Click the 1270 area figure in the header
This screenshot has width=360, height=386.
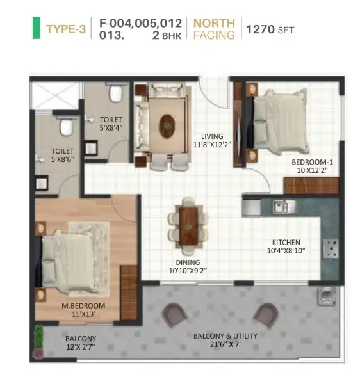(x=260, y=29)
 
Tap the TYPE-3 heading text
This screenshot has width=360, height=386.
(x=66, y=29)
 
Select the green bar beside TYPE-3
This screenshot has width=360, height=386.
(x=37, y=28)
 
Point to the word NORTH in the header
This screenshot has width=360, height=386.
(x=214, y=23)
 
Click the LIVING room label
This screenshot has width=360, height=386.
(x=212, y=136)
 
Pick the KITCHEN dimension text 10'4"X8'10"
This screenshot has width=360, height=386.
(x=286, y=250)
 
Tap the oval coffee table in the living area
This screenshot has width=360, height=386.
(x=167, y=126)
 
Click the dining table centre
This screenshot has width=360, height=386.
(x=188, y=226)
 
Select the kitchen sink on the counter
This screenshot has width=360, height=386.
(x=284, y=206)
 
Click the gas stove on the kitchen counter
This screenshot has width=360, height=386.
(x=331, y=248)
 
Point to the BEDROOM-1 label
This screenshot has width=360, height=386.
(x=312, y=162)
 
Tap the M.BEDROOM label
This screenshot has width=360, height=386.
(x=83, y=306)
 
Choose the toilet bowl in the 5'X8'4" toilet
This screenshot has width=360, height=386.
(x=116, y=92)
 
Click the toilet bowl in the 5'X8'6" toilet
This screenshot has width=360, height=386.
(x=67, y=126)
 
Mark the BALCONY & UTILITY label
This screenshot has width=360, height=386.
(x=225, y=336)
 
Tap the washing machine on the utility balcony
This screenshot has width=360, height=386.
(x=326, y=296)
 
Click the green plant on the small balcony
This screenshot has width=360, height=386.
(x=38, y=337)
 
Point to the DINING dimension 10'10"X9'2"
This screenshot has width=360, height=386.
(x=188, y=271)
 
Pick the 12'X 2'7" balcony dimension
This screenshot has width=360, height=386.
(x=81, y=347)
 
